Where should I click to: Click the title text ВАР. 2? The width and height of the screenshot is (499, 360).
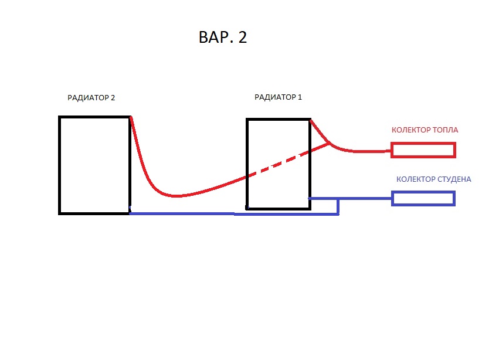click(223, 38)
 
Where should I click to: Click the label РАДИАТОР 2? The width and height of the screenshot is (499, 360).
click(91, 98)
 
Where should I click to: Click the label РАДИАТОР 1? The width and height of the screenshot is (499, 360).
click(278, 97)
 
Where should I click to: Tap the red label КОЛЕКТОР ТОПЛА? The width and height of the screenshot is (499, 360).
click(425, 130)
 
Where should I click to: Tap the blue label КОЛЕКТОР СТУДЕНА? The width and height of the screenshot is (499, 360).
click(433, 179)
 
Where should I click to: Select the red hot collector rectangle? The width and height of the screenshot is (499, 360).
click(423, 151)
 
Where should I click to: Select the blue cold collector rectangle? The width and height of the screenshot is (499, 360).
click(423, 198)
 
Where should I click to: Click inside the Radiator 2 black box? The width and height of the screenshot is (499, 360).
click(94, 164)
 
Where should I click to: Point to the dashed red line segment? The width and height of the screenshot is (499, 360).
click(279, 165)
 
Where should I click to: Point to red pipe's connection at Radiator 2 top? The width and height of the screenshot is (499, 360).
click(131, 118)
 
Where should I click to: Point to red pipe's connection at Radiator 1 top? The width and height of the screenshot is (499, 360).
click(311, 121)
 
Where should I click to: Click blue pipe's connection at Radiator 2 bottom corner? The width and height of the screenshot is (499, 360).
click(130, 213)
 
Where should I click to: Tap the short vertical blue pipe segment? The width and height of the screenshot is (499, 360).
click(338, 206)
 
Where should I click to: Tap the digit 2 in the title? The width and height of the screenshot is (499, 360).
click(243, 38)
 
